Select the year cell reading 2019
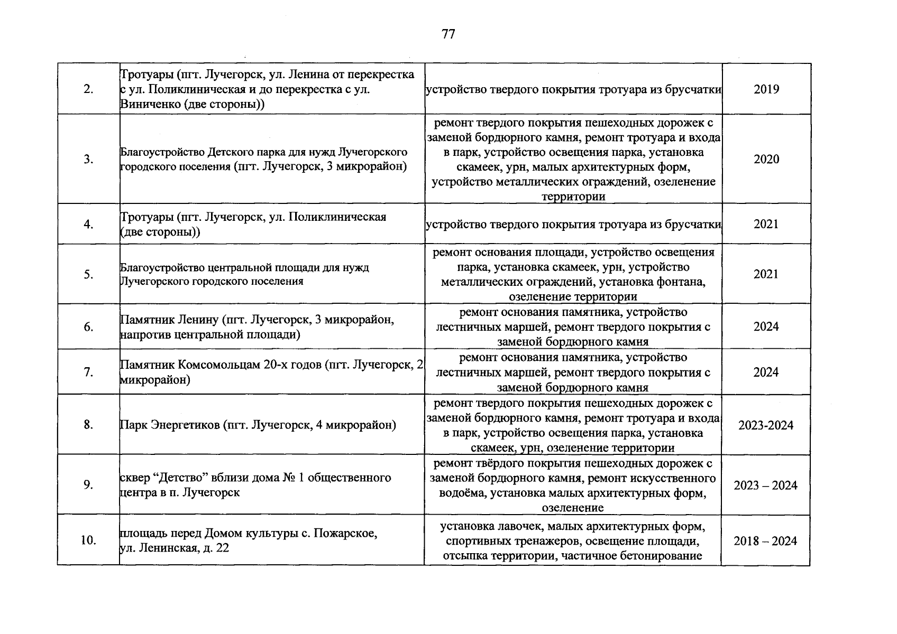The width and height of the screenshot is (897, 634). pyautogui.click(x=766, y=89)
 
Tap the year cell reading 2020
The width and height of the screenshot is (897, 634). pyautogui.click(x=766, y=159)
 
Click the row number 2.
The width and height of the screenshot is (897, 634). pyautogui.click(x=88, y=89)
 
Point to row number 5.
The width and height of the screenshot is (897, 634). pyautogui.click(x=88, y=274)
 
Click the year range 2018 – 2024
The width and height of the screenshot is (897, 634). pyautogui.click(x=765, y=541)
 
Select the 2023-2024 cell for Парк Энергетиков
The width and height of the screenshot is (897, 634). pyautogui.click(x=766, y=425)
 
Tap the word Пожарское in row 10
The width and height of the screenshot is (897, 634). pyautogui.click(x=345, y=533)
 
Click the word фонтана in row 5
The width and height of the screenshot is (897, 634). pyautogui.click(x=683, y=282)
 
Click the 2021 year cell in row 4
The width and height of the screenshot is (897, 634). pyautogui.click(x=766, y=224)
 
